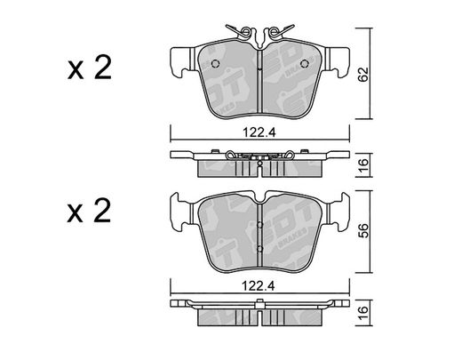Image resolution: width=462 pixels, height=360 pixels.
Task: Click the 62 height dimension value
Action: pos(363,74)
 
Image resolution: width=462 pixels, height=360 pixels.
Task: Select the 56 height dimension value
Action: pos(363,230)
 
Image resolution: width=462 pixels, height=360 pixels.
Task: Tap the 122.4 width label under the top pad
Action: pos(259,132)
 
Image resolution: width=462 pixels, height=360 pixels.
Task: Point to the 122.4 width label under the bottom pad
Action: pos(259,286)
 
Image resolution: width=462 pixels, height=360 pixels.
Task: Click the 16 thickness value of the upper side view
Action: pos(363,165)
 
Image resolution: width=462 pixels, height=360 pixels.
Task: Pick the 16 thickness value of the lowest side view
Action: pos(363,313)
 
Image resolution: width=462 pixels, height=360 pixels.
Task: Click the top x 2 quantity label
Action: pos(90,68)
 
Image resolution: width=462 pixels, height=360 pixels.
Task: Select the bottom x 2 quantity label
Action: pos(89,211)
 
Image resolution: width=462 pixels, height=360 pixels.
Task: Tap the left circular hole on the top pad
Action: pos(215,63)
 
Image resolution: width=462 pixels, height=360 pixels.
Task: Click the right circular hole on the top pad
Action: pos(304,63)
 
